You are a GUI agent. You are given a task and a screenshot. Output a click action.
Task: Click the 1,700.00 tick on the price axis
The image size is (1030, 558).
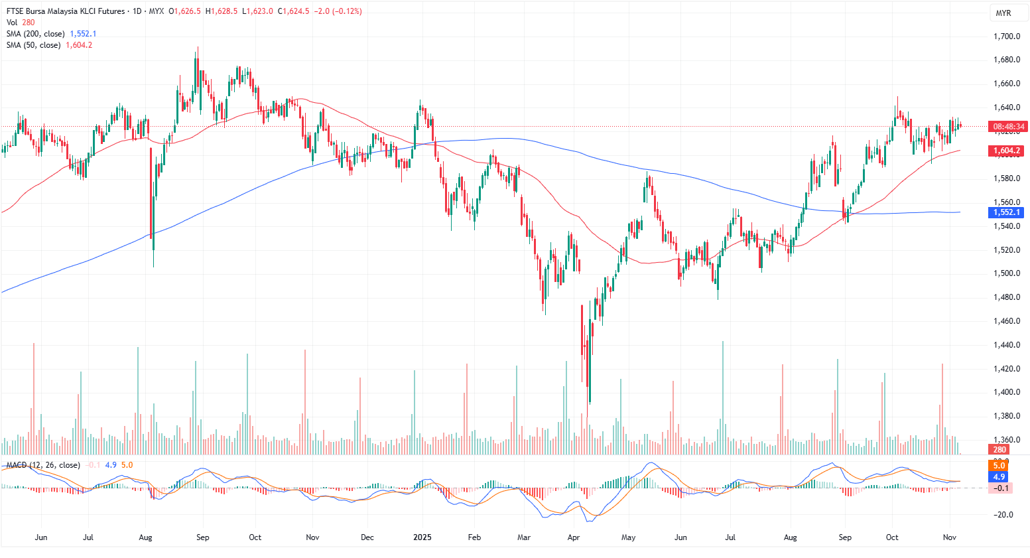[x=1006, y=36]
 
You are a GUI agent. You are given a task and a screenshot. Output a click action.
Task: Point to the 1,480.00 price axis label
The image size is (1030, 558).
[x=1006, y=297]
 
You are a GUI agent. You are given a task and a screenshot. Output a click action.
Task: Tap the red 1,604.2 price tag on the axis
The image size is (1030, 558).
[x=1007, y=151]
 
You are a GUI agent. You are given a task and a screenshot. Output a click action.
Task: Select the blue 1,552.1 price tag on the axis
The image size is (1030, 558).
[x=1007, y=212]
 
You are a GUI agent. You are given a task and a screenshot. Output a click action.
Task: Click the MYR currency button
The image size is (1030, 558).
[x=1003, y=13]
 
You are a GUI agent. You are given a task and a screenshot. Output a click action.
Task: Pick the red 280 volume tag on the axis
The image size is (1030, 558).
[x=999, y=450]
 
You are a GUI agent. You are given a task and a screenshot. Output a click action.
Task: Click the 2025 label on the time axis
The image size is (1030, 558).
[x=422, y=537]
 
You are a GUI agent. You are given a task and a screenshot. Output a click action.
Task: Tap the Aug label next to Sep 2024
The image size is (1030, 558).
[x=146, y=537]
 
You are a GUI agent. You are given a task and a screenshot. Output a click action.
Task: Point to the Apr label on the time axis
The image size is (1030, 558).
[x=574, y=537]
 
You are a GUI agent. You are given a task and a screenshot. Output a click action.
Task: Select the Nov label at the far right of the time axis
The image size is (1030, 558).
[x=950, y=537]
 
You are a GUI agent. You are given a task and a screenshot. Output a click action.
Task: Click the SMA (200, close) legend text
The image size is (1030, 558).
[x=36, y=34]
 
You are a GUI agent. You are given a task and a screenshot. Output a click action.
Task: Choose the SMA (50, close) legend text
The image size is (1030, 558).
[x=33, y=45]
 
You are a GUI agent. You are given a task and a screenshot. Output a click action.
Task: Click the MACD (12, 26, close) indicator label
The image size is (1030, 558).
[x=43, y=465]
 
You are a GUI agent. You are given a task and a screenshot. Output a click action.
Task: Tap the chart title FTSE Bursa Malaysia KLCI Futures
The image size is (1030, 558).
[x=66, y=11]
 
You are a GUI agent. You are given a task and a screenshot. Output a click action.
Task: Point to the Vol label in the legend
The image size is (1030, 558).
[x=12, y=23]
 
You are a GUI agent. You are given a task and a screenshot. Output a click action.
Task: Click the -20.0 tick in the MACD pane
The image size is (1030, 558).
[x=1003, y=515]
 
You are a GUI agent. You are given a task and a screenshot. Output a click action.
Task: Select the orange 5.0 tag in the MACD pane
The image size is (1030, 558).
[x=999, y=466]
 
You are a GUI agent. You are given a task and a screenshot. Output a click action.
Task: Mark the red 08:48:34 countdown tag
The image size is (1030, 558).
[x=1008, y=127]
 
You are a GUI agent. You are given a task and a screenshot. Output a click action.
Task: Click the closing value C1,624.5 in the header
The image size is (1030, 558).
[x=293, y=11]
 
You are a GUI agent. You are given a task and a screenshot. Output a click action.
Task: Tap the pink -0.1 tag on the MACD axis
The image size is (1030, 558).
[x=999, y=488]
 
